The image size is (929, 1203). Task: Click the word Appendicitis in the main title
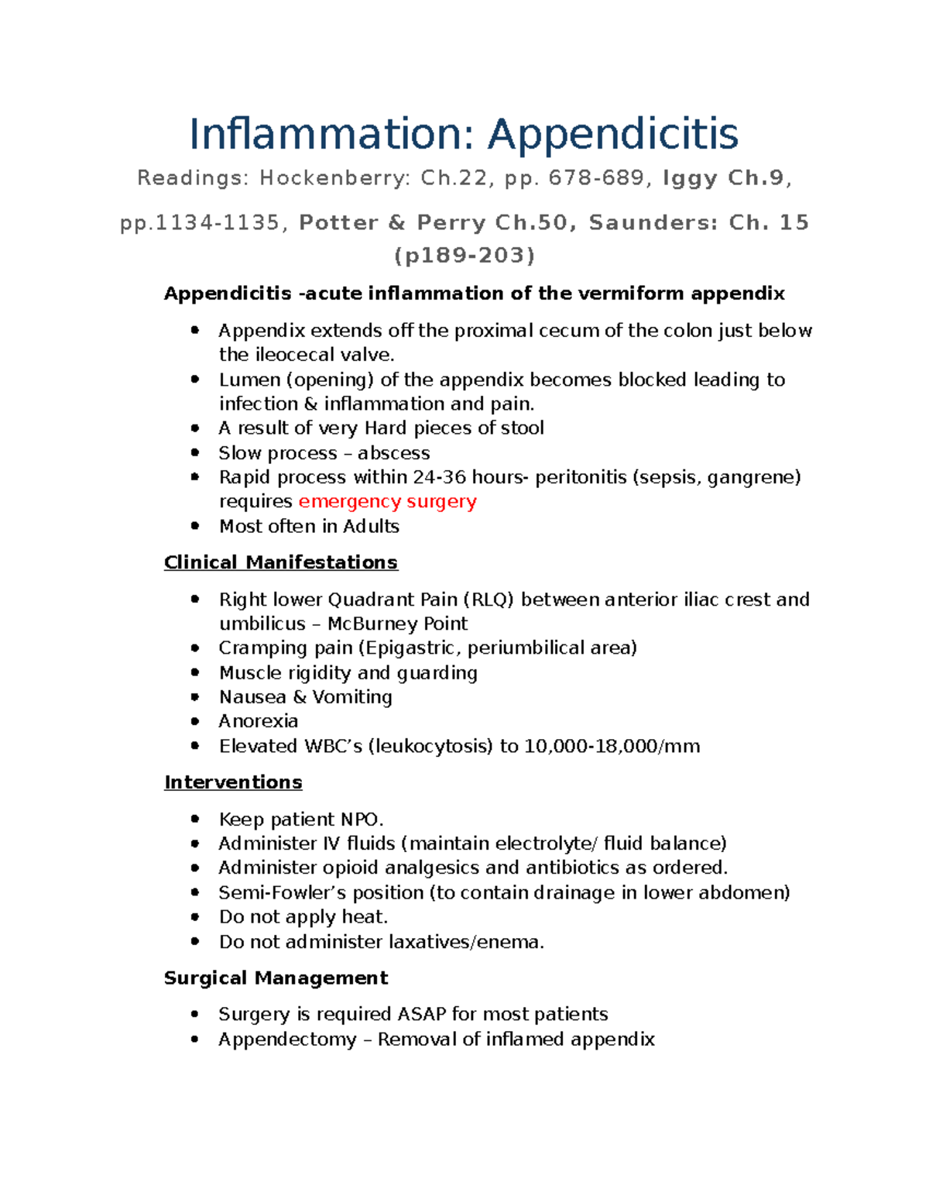point(612,134)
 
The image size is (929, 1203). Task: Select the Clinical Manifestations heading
point(280,562)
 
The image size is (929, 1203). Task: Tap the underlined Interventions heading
point(233,782)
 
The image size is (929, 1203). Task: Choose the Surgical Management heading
point(276,978)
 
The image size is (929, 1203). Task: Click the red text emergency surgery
point(387,501)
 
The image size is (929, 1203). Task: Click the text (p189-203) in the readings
point(464,256)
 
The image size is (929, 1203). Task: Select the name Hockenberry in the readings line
point(334,178)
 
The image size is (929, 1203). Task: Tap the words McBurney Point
point(397,624)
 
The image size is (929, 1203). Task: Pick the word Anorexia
point(259,721)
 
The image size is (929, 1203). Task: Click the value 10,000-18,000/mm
point(612,746)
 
